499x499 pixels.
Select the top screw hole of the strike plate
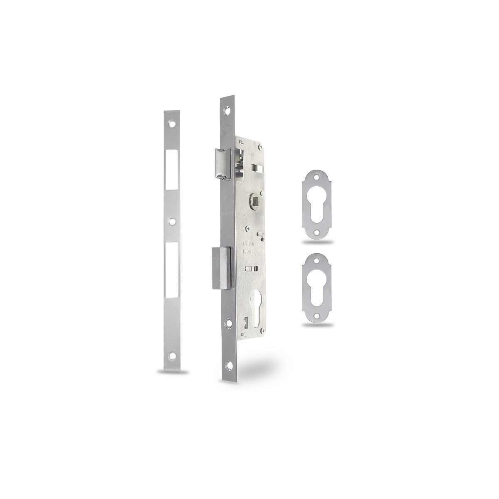tap(171, 124)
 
